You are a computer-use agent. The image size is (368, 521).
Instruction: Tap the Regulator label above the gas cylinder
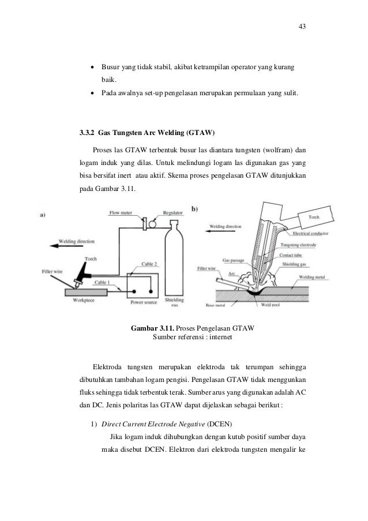[172, 213]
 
